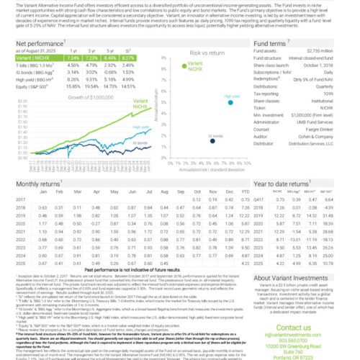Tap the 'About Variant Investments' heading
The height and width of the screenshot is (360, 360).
click(x=301, y=278)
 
